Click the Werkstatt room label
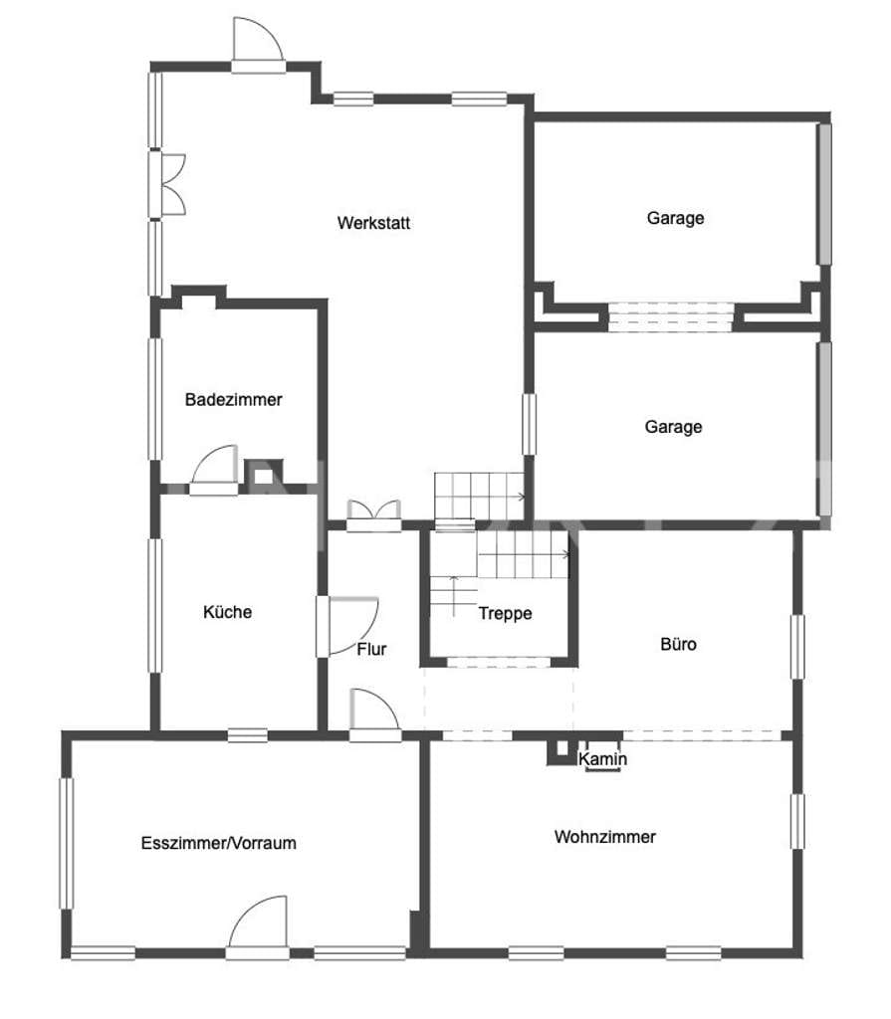point(373,223)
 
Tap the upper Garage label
point(675,218)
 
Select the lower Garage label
point(673,427)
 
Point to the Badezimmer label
point(234,399)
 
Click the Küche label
point(227,612)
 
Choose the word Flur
point(371,649)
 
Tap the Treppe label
point(506,613)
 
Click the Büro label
point(678,644)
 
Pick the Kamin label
point(603,758)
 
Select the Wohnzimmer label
point(605,836)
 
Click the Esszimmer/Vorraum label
point(219,843)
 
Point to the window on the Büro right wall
point(797,647)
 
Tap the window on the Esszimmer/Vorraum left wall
point(67,843)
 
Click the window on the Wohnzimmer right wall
point(797,821)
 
